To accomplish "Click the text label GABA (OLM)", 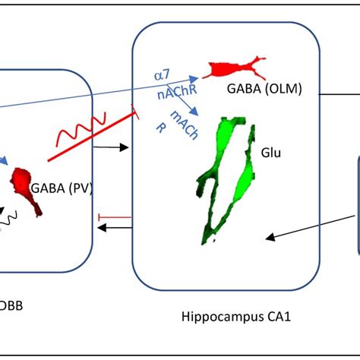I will (x=264, y=90).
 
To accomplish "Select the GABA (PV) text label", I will (x=62, y=188).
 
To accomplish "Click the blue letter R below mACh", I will (x=161, y=128).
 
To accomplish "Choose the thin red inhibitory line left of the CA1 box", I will (x=114, y=217).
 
